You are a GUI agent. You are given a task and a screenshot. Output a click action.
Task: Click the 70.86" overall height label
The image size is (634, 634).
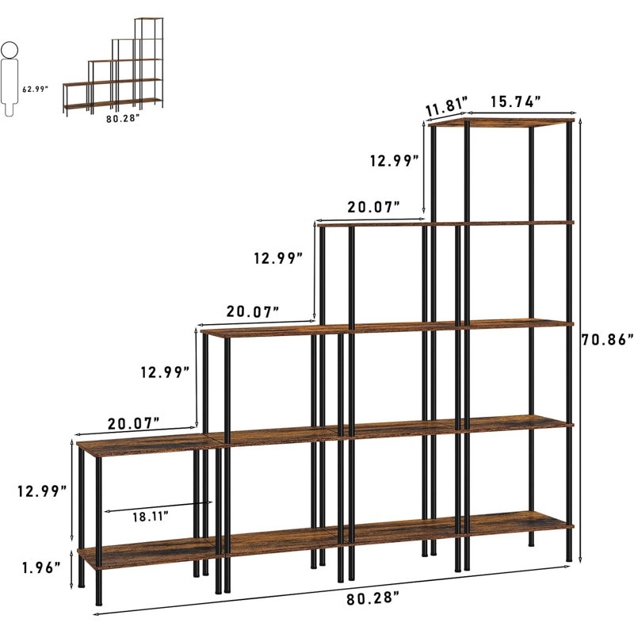click(607, 340)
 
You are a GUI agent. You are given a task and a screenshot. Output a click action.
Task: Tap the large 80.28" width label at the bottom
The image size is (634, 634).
click(372, 598)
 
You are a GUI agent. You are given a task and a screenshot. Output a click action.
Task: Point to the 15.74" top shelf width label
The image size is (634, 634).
click(516, 101)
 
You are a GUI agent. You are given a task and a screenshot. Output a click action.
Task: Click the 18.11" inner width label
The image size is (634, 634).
click(151, 517)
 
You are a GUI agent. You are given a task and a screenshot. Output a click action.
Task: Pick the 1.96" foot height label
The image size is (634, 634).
click(41, 567)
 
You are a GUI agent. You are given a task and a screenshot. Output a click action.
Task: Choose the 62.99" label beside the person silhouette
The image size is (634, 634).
click(35, 90)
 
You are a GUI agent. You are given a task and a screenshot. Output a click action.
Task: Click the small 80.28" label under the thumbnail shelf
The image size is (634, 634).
click(123, 118)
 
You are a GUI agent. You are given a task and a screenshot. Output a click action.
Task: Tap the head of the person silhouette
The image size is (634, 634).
click(10, 50)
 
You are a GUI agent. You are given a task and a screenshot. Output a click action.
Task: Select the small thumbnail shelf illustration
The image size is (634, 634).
click(113, 67)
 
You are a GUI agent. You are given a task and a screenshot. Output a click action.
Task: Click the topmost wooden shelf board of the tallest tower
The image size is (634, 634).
click(502, 123)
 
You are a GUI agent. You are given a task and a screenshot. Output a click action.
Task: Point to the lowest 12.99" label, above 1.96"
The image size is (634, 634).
click(42, 491)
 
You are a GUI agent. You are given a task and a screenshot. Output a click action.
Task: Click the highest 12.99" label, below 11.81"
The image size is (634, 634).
click(395, 161)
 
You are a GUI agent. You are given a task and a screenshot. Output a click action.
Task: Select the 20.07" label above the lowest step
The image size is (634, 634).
click(133, 424)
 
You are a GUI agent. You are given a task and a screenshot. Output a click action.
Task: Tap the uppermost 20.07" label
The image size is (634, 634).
click(373, 207)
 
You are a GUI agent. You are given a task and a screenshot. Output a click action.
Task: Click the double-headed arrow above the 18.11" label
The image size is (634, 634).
click(158, 506)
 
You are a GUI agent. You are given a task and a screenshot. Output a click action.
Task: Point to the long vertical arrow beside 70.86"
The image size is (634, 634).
click(581, 341)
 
